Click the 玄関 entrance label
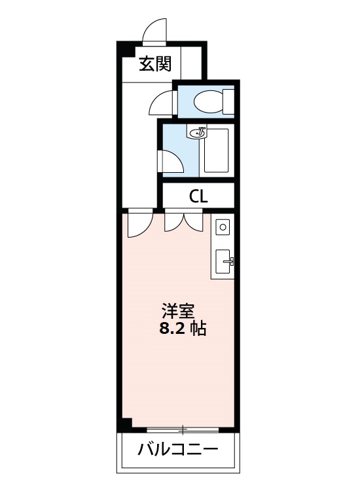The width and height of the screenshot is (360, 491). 155,64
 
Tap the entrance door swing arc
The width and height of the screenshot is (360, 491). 151,31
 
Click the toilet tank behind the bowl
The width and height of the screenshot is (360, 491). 228,101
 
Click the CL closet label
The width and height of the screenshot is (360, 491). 198,196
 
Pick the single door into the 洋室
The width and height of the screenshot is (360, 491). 139,224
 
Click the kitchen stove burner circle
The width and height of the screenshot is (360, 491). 223,227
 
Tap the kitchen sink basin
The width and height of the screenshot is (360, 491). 222,261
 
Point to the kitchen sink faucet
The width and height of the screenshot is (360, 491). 230,261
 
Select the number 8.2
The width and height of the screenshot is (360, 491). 172,329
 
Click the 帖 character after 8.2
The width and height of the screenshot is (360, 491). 198,329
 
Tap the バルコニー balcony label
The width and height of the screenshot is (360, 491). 177,450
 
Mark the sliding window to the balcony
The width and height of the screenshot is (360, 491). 183,430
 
